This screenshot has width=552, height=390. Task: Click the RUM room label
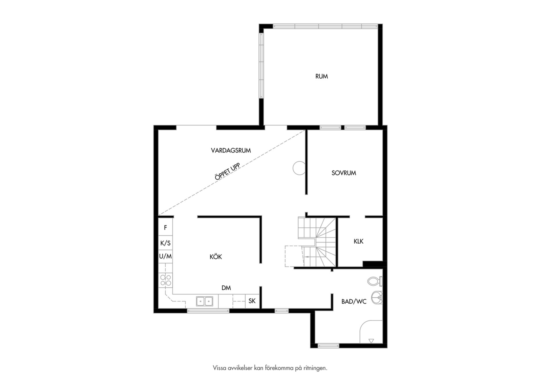pos(321,76)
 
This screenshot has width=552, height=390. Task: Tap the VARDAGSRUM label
pos(231,150)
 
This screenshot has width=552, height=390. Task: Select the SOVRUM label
pos(344,173)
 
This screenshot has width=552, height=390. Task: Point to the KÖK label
pos(216,257)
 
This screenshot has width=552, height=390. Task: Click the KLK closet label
pos(359,241)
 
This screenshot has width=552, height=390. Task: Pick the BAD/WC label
pos(354,301)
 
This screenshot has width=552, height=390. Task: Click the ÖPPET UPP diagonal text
pos(227,172)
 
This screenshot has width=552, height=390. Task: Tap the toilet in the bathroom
pos(375,281)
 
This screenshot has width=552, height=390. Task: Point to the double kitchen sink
pos(204,301)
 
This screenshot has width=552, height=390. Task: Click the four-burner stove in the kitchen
pos(166,280)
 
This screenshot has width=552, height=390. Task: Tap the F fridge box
pos(165,227)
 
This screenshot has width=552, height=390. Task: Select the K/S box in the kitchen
pos(165,243)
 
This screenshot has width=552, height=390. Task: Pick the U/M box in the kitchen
pos(165,256)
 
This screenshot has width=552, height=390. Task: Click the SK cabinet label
pos(252,301)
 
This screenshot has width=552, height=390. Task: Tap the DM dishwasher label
pos(226,288)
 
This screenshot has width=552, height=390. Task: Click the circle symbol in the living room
pos(299,168)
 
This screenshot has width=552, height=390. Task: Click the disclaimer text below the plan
pos(270,368)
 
